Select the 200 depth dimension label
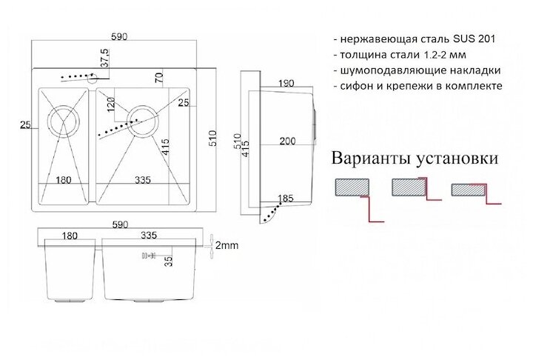coord(286,141)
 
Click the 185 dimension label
coord(285,198)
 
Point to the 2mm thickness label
coord(225,245)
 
